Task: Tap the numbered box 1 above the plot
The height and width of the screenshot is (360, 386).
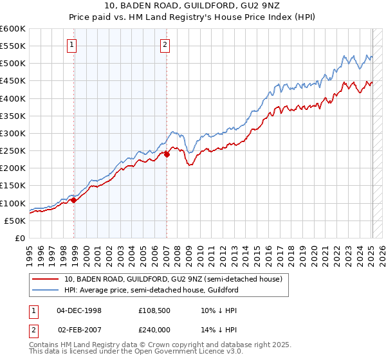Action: tap(71, 44)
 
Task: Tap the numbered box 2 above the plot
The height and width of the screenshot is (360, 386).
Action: tap(165, 44)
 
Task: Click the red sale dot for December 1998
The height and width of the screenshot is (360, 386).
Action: tap(74, 200)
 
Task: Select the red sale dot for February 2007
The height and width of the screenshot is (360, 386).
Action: tap(167, 154)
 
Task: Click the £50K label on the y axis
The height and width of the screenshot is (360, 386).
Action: tap(15, 221)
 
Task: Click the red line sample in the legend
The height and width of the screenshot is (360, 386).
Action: tap(45, 279)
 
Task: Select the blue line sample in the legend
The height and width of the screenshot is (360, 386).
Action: tap(45, 290)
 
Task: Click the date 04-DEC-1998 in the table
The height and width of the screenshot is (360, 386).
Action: tap(79, 310)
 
